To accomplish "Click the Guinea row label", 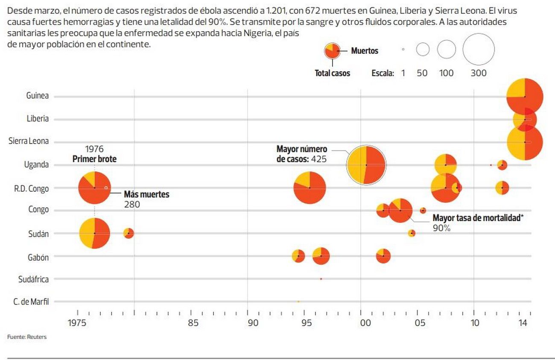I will click(37, 96).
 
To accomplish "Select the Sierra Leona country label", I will click(29, 141).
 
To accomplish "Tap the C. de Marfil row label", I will click(31, 302).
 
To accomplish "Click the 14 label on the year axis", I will click(523, 323).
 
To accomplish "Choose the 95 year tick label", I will click(306, 323).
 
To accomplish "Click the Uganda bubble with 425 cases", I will click(366, 165).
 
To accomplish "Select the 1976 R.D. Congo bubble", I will click(94, 188).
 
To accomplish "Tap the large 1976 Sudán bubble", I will click(94, 233).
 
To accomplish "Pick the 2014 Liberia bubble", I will click(525, 119).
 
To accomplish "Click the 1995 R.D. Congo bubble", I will click(310, 188).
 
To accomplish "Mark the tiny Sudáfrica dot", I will click(321, 279).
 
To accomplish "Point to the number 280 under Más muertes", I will click(132, 205).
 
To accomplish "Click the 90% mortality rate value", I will click(441, 228).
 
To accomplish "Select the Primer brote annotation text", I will click(94, 159).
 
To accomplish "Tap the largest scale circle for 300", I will click(478, 50).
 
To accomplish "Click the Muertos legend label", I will click(364, 51).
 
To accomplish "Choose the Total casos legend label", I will click(332, 73).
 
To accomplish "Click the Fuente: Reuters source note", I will click(27, 337).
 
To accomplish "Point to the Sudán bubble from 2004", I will click(412, 233).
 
